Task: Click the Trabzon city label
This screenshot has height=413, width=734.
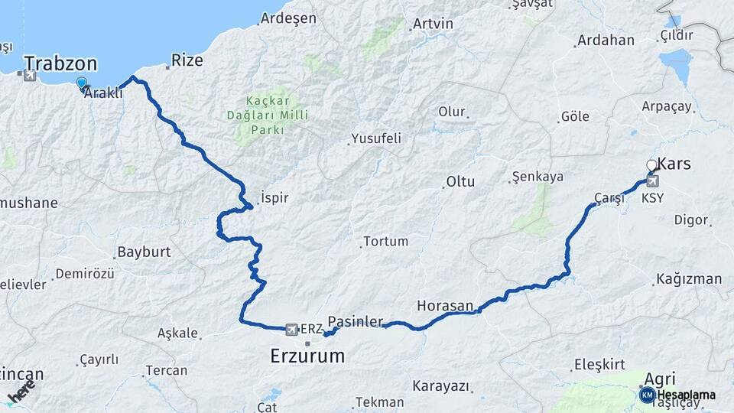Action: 60,63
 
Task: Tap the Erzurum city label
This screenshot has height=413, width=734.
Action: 307,356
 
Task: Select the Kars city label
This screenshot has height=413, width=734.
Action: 674,164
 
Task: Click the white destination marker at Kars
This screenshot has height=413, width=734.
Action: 651,165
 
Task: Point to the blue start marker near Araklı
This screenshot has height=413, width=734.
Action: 82,83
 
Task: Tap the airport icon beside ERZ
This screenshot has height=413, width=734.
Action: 291,329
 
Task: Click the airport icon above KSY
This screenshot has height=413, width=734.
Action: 652,181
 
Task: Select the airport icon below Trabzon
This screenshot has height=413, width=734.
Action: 30,76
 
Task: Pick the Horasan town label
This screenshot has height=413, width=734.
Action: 445,306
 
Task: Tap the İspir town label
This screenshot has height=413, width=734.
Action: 274,197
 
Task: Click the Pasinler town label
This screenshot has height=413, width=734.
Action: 355,322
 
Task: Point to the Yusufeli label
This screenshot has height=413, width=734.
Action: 375,138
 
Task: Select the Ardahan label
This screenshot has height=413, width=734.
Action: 606,40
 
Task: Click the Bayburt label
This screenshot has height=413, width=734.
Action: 144,252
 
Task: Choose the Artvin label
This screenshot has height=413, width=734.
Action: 433,24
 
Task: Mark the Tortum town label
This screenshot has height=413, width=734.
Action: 385,242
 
